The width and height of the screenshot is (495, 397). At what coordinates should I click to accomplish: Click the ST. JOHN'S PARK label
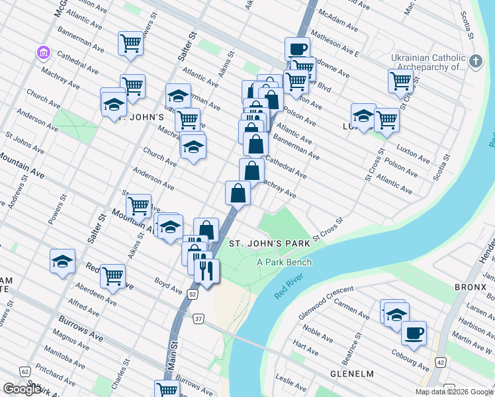tap(270, 243)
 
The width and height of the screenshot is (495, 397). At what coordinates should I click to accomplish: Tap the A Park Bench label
tap(284, 262)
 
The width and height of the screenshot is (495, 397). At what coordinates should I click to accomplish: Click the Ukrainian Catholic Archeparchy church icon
tap(475, 62)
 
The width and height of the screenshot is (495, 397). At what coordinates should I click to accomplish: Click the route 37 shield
tap(199, 320)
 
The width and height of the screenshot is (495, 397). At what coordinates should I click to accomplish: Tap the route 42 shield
tap(440, 363)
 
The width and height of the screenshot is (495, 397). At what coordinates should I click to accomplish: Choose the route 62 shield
tap(24, 372)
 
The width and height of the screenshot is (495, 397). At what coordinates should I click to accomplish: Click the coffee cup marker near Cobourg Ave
tap(414, 333)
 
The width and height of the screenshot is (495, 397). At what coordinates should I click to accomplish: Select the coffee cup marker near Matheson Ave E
tap(297, 49)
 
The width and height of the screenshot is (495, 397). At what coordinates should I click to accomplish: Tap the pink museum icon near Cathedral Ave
tap(44, 52)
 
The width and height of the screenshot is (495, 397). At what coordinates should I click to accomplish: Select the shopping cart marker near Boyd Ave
tap(113, 275)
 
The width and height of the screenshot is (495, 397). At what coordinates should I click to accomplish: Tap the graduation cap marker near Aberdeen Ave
tap(62, 261)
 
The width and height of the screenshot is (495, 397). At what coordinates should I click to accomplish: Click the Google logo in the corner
tap(22, 389)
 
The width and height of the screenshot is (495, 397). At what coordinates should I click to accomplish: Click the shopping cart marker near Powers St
tap(131, 44)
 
